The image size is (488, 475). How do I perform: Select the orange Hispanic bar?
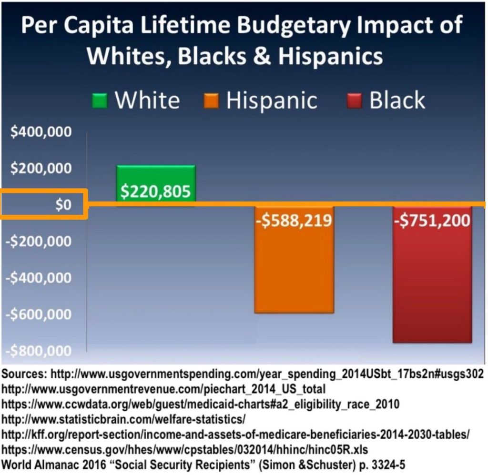pos(294,267)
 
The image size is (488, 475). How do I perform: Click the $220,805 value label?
pos(155,192)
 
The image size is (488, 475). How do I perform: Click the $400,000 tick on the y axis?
pos(41,132)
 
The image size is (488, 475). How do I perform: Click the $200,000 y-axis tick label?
pos(41,169)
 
